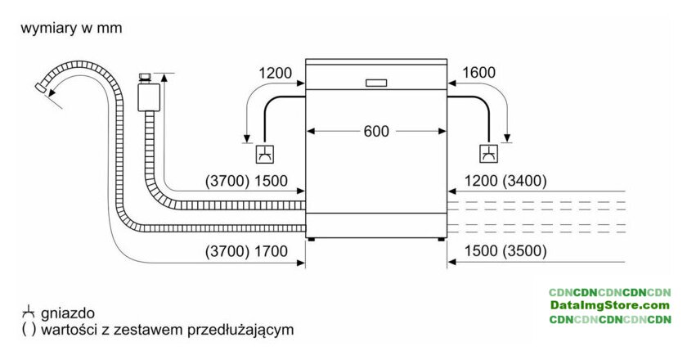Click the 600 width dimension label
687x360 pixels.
pos(377,131)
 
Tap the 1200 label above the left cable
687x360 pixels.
pos(275,73)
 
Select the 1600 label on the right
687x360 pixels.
pos(478,73)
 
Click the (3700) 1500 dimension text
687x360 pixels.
pos(246,182)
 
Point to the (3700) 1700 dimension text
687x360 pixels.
pos(246,252)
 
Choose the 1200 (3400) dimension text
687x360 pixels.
pos(505,182)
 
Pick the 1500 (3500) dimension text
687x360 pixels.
pos(505,252)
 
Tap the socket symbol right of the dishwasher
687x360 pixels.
pos(488,153)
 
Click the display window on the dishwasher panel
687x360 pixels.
pos(377,82)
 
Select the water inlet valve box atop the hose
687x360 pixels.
pos(148,94)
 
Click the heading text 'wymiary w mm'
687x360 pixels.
pos(72,29)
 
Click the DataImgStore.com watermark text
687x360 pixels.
pos(609,305)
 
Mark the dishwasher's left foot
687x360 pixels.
pos(310,239)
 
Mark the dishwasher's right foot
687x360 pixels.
pos(442,239)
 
